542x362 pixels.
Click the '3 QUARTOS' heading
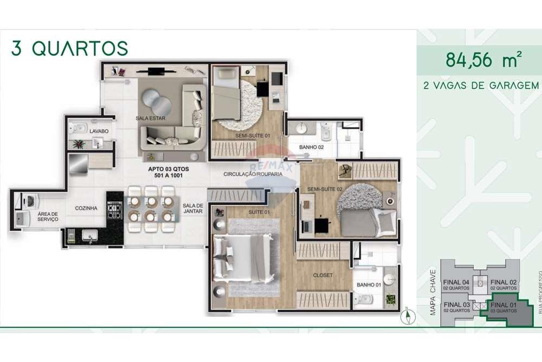pyautogui.click(x=69, y=48)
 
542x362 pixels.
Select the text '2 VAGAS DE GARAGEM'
pyautogui.click(x=481, y=86)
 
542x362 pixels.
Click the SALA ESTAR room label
pyautogui.click(x=150, y=118)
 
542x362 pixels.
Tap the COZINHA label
pyautogui.click(x=86, y=208)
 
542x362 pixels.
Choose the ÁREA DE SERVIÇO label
pyautogui.click(x=48, y=217)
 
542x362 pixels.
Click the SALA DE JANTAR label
pyautogui.click(x=192, y=209)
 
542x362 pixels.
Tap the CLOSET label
pyautogui.click(x=323, y=275)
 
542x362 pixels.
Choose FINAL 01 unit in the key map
pyautogui.click(x=504, y=307)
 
